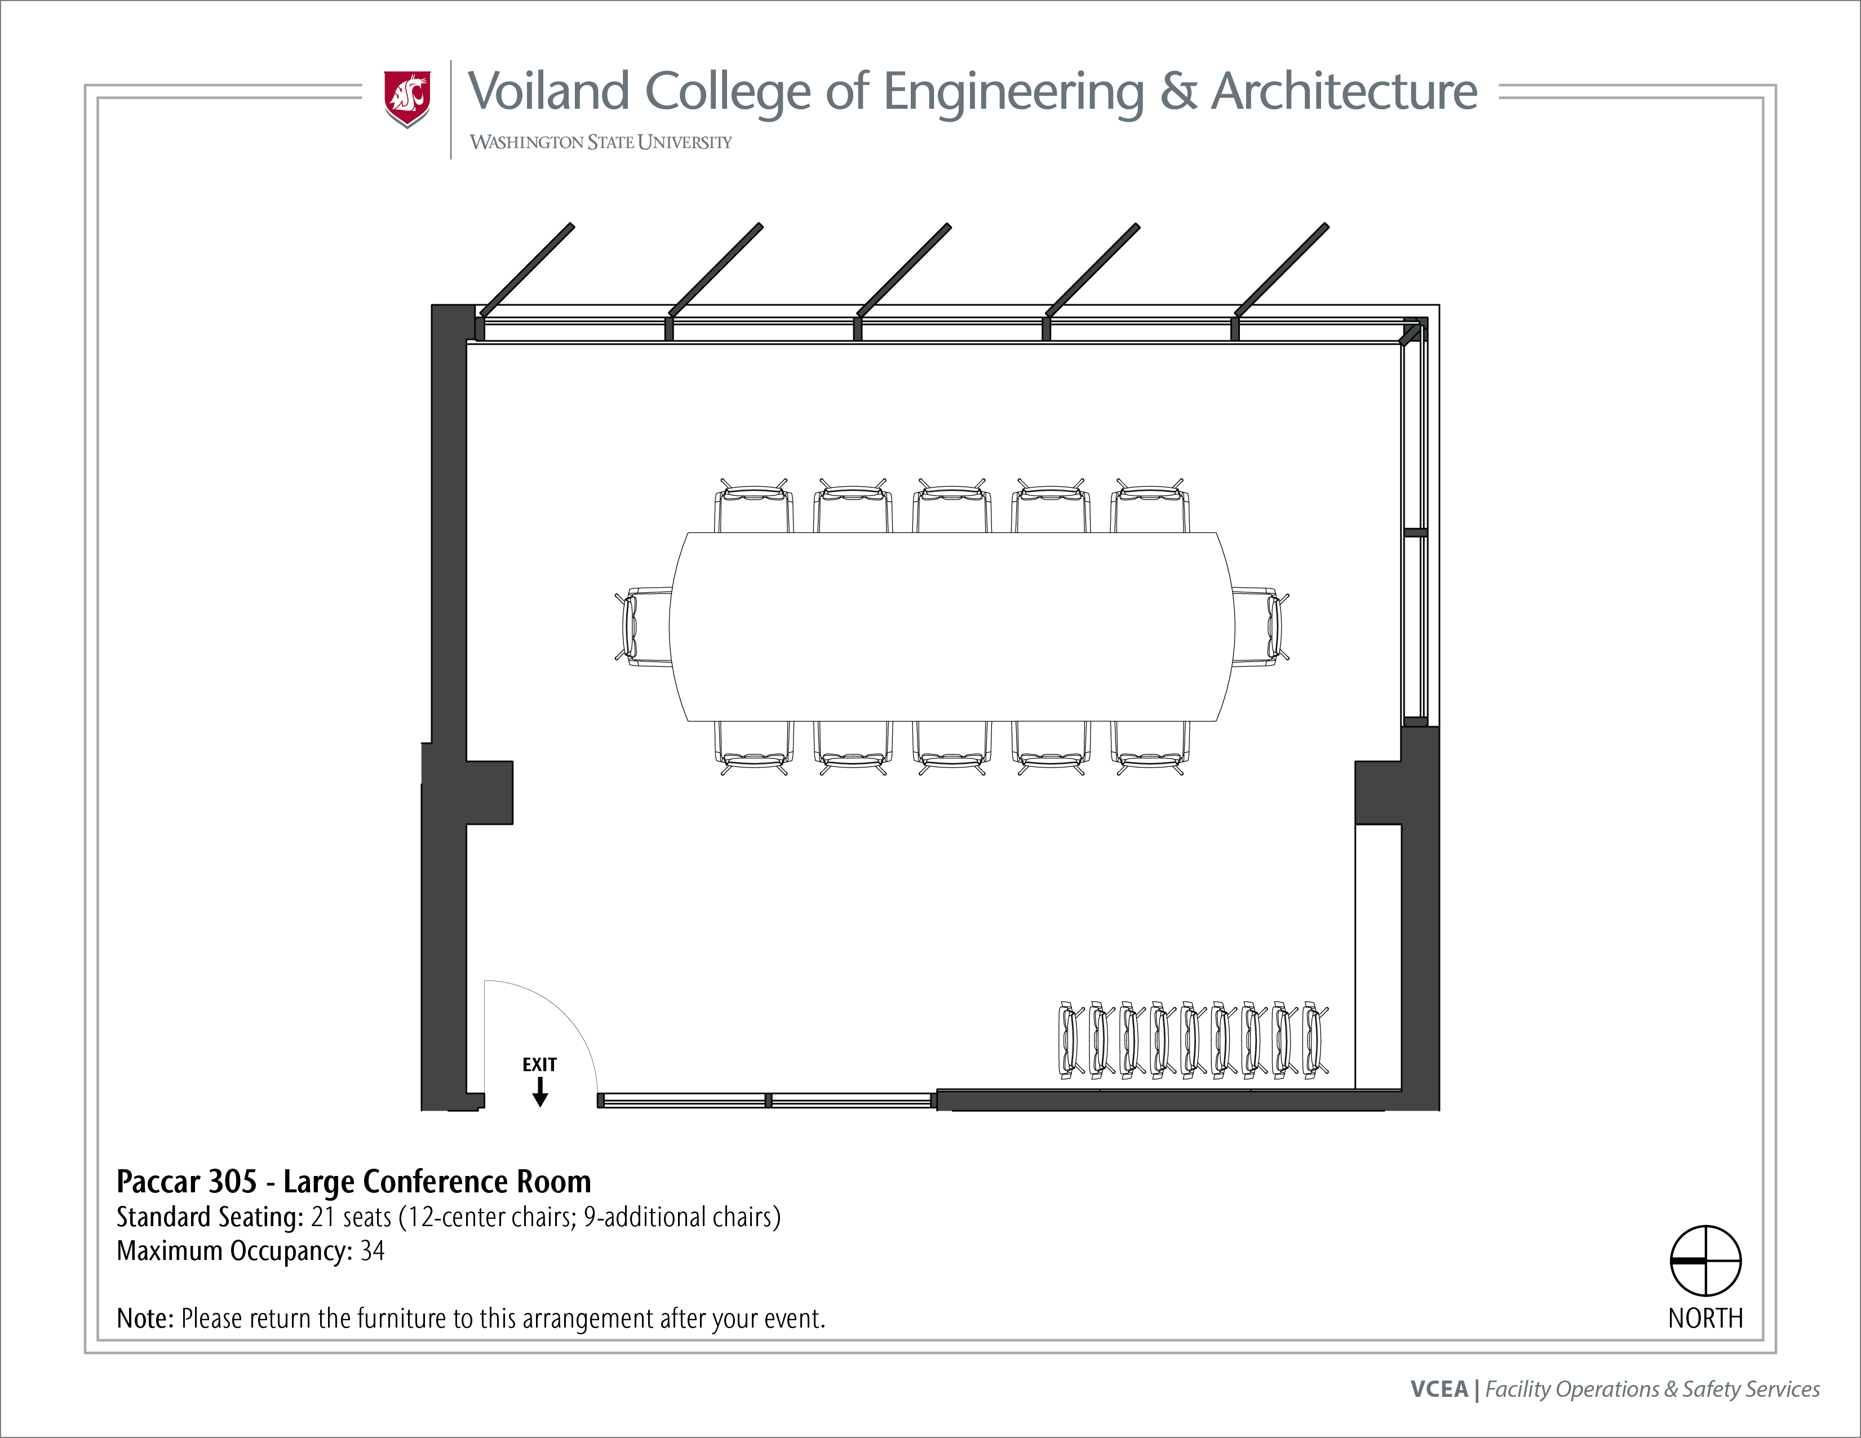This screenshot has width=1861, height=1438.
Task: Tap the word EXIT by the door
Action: pyautogui.click(x=539, y=1065)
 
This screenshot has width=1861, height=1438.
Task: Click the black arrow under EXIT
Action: pyautogui.click(x=539, y=1092)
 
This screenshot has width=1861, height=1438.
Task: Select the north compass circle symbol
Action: pyautogui.click(x=1705, y=1261)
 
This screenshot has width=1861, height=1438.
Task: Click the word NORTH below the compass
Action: pyautogui.click(x=1705, y=1319)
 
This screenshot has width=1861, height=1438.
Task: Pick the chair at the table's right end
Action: pyautogui.click(x=1260, y=626)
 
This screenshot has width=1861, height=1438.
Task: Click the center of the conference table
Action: pyautogui.click(x=952, y=626)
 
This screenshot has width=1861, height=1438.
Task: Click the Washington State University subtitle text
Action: pyautogui.click(x=601, y=142)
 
